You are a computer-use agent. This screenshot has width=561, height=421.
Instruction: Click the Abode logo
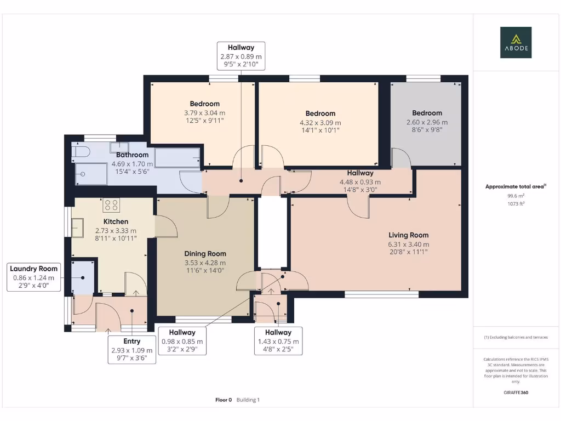tap(515, 43)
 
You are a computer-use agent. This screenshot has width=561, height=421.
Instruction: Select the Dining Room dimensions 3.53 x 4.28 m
tap(205, 263)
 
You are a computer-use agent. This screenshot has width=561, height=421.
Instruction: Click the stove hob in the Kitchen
tap(111, 205)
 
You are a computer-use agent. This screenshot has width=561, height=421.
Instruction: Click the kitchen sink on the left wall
tap(77, 227)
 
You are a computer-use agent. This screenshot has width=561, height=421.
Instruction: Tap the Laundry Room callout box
tap(33, 277)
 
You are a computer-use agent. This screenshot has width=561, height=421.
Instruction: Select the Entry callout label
tap(131, 350)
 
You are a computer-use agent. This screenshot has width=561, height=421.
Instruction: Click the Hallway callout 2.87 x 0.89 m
tap(241, 56)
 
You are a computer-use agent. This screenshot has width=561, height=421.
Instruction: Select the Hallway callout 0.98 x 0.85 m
tap(182, 340)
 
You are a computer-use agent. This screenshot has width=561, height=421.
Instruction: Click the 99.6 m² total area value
tap(515, 195)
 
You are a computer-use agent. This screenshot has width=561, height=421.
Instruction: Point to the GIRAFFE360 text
tap(515, 392)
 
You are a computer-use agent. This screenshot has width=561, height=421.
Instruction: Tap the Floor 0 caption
tap(224, 400)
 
